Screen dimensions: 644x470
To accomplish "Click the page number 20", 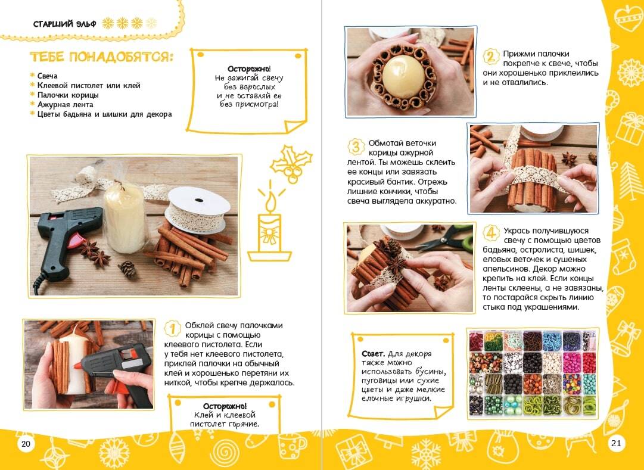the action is click(26, 444).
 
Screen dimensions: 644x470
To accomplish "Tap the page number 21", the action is click(616, 443).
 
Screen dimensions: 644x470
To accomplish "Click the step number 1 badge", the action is click(173, 329).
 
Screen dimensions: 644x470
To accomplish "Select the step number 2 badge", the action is click(490, 56).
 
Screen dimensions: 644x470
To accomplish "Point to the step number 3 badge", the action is click(356, 147).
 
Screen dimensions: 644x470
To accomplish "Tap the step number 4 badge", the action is click(491, 234).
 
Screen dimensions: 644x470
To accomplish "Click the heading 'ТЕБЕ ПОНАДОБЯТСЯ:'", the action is click(101, 57).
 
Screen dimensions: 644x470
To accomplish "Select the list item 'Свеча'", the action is click(47, 76).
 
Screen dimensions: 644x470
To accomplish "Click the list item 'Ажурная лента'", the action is click(66, 105).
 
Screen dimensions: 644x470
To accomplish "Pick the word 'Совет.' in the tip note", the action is click(374, 354).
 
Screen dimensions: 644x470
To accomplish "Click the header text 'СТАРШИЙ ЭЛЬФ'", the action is click(64, 24).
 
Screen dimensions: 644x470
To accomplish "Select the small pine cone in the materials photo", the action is click(127, 269).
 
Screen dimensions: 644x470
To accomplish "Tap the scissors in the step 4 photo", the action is click(446, 238).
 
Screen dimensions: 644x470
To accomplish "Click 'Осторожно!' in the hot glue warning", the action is click(225, 407).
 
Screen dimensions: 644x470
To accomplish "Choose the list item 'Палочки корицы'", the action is click(68, 95).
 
